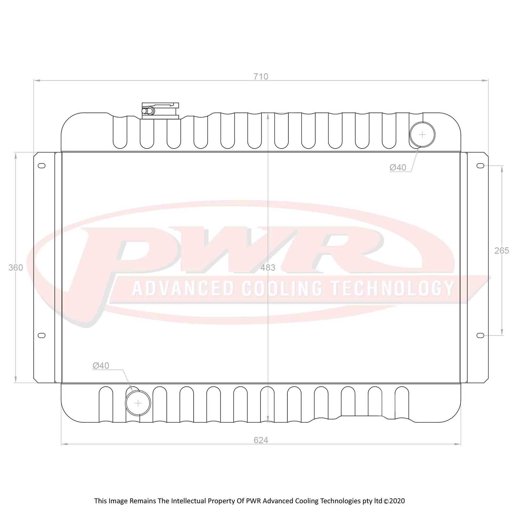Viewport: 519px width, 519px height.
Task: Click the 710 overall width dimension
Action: [261, 77]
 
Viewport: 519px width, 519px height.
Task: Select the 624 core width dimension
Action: [261, 440]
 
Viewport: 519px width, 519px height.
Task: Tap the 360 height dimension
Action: [16, 268]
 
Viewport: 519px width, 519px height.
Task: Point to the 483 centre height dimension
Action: [268, 268]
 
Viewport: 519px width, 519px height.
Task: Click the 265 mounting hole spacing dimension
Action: [501, 250]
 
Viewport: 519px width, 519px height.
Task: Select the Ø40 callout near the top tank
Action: [398, 167]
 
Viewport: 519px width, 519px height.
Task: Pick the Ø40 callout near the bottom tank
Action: [101, 366]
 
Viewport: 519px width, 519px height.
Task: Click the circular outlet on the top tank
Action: [422, 134]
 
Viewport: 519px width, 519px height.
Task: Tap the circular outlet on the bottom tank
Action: [138, 403]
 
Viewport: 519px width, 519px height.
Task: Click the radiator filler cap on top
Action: [160, 111]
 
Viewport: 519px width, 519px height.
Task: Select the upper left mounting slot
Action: [42, 166]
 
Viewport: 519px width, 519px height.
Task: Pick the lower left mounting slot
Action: [42, 335]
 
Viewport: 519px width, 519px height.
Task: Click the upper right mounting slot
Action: [480, 166]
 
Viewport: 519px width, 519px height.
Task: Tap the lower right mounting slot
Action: [480, 335]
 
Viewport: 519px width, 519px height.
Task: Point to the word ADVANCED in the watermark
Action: [183, 288]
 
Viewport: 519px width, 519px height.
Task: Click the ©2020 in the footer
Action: [394, 501]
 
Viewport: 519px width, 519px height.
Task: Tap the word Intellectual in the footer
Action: [188, 501]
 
